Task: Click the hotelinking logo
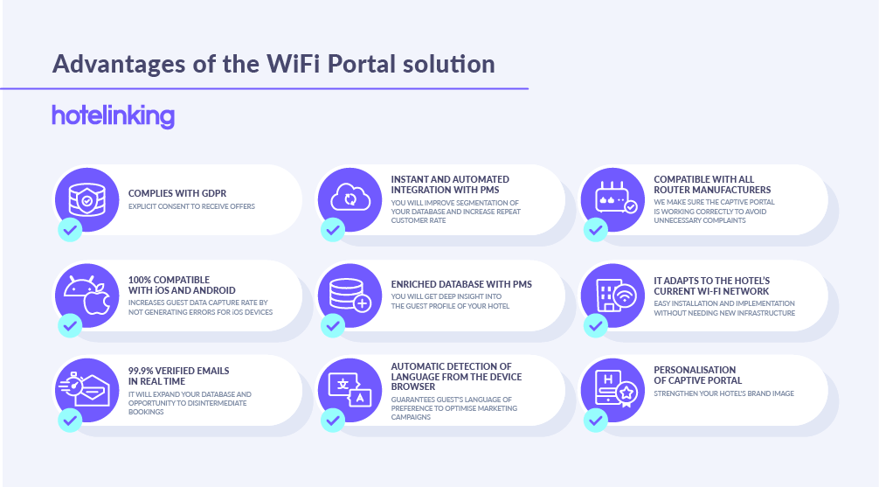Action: (x=114, y=116)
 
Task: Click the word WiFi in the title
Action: (x=294, y=64)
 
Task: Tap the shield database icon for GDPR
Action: (x=87, y=199)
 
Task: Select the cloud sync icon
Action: (x=350, y=198)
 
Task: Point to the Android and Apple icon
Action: (x=87, y=295)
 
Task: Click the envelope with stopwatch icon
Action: (x=85, y=389)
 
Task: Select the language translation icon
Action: (x=350, y=390)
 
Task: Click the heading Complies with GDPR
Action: (x=177, y=193)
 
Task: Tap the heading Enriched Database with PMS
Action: (x=461, y=284)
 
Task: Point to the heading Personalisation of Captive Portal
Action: (x=698, y=375)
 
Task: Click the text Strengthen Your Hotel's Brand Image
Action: (x=723, y=393)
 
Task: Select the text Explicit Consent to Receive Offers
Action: (x=191, y=206)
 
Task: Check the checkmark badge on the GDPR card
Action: (x=70, y=229)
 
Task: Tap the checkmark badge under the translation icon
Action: (x=333, y=421)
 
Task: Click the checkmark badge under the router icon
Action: (x=595, y=229)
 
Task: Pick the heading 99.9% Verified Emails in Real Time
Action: (x=179, y=376)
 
